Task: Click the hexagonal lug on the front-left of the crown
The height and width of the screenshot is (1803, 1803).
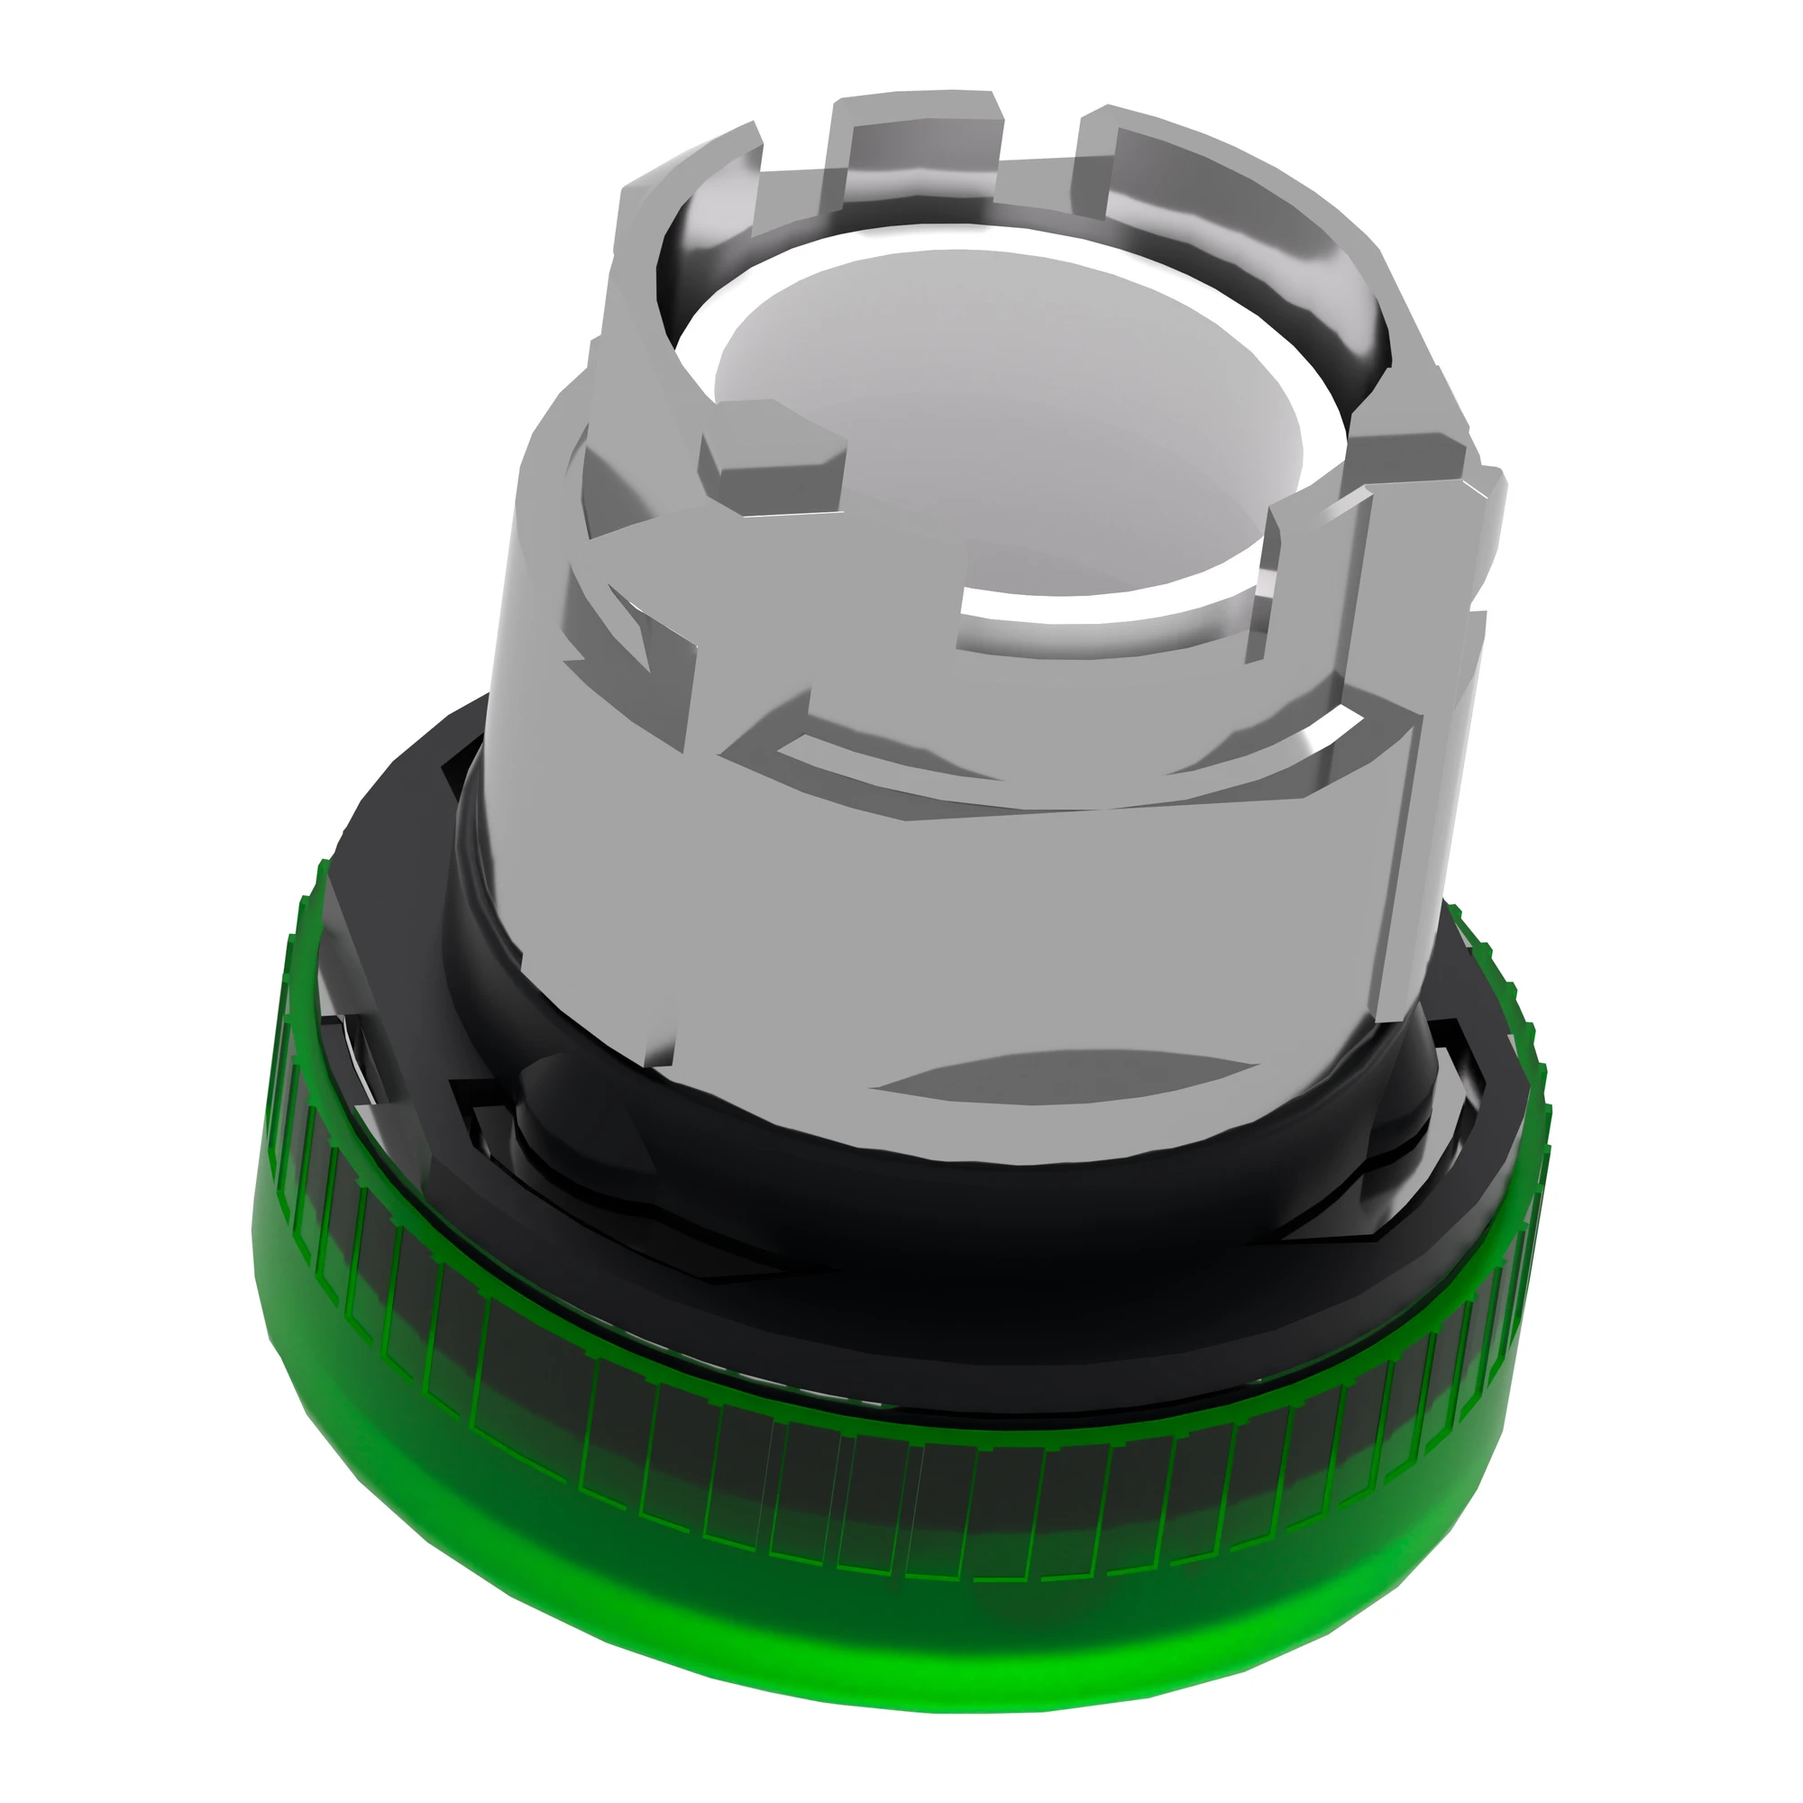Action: point(770,448)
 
